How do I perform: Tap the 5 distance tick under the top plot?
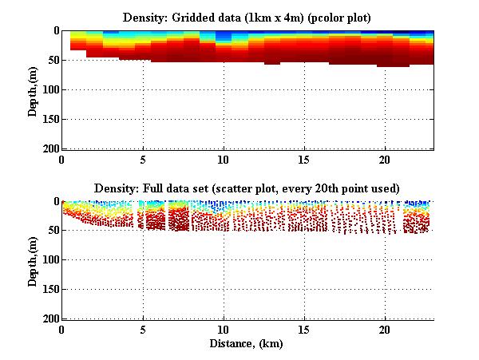(143, 159)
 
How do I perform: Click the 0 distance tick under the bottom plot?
(62, 330)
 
